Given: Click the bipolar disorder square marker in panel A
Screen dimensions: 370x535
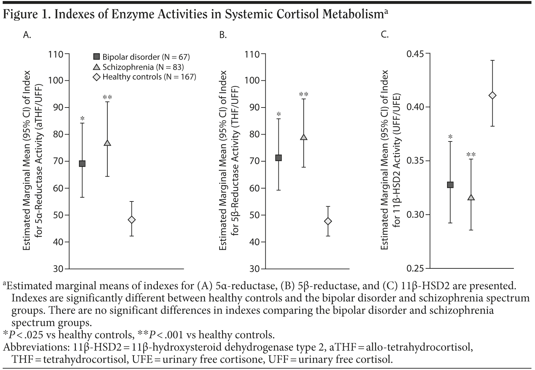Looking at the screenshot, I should click(82, 164).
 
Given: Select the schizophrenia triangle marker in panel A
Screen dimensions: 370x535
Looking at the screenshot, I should click(107, 143).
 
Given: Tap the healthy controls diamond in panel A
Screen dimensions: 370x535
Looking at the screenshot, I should click(132, 220).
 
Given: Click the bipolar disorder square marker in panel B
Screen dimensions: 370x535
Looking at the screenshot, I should click(278, 158).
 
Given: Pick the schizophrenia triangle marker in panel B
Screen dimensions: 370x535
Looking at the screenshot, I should click(304, 137).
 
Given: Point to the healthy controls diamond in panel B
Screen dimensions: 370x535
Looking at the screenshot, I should click(328, 221).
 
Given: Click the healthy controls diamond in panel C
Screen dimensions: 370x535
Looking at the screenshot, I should click(492, 95).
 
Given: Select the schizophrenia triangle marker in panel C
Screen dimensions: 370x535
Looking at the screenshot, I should click(471, 197).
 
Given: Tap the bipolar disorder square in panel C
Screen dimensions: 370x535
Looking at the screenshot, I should click(450, 185).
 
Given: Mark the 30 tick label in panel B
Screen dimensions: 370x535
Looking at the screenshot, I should click(255, 269).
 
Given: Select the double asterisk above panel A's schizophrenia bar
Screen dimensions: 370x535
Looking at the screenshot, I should click(107, 97).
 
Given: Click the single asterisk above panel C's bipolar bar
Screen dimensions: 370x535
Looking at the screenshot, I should click(450, 137).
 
